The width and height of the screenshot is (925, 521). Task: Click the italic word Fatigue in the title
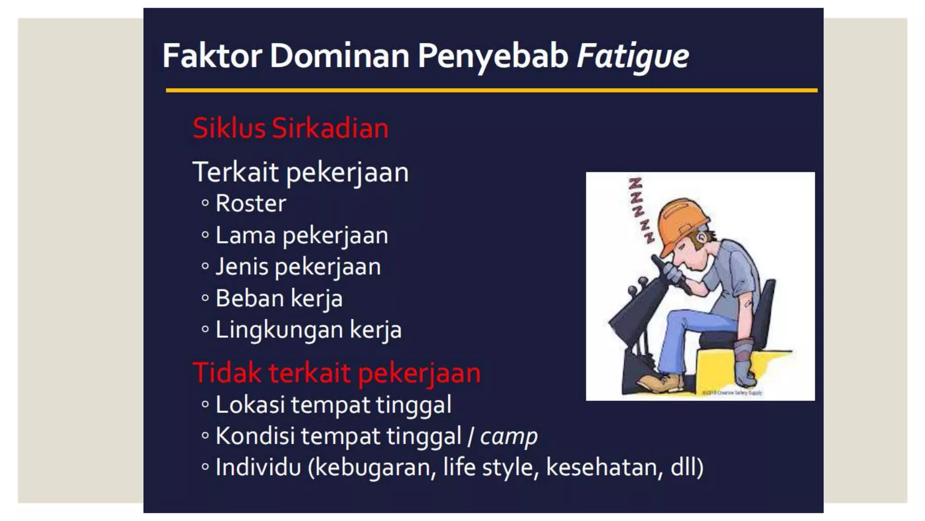632,56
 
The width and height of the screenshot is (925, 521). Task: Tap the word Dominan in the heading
340,56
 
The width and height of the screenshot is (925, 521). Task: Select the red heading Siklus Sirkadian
290,128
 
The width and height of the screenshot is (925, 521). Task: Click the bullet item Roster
251,203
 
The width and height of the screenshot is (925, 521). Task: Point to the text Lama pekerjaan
301,236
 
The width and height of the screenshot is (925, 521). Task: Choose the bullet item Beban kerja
279,298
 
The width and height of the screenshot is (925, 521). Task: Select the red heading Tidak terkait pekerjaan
336,373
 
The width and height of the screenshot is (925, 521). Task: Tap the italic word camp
509,436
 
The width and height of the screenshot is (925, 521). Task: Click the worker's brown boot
662,382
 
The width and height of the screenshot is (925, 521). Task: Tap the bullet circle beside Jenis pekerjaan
205,266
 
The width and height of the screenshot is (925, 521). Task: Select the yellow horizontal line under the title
491,90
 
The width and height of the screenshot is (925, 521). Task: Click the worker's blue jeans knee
682,319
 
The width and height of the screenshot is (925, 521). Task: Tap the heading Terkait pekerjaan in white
300,172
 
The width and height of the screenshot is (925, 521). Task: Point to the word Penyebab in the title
492,56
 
